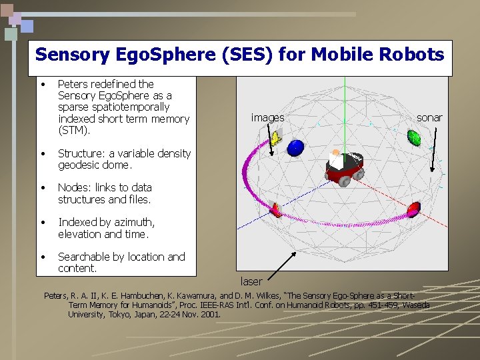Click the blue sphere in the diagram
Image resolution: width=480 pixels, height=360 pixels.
295,147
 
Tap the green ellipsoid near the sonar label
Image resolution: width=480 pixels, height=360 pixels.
414,138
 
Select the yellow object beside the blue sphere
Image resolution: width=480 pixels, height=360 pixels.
275,137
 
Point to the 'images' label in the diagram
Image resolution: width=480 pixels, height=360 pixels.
267,118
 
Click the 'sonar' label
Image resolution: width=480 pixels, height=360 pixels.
429,117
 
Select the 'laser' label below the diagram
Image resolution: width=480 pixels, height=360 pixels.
251,282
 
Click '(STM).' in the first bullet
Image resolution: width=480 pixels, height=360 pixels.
73,130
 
